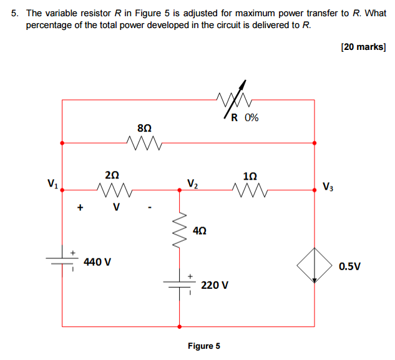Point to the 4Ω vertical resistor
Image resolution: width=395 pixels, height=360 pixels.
[180, 230]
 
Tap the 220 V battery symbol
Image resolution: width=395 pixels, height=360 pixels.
[180, 284]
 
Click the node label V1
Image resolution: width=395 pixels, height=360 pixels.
[53, 184]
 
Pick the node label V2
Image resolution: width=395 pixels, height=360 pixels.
[192, 183]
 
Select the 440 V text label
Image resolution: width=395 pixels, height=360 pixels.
[97, 262]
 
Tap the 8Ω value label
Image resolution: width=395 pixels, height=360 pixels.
[144, 127]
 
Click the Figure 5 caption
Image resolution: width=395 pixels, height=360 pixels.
[203, 346]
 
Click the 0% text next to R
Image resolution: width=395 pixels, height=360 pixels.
[251, 117]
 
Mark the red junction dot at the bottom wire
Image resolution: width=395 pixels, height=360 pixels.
[180, 326]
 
